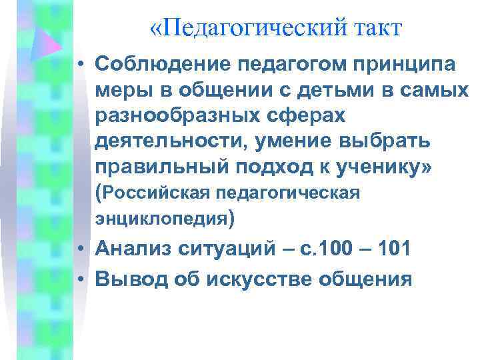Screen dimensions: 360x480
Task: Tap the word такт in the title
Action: pos(377,29)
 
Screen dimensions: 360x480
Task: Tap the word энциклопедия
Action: pos(162,217)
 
